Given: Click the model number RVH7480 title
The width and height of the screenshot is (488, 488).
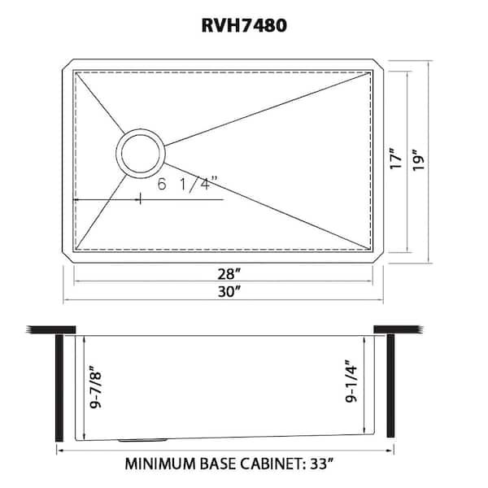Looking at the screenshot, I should pos(244,25).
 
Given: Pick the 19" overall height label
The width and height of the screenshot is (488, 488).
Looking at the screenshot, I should pos(418,158).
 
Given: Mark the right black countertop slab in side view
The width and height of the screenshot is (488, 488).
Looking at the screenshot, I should pos(398,330).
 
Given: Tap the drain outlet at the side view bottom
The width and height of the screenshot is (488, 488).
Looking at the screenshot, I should pos(134,440).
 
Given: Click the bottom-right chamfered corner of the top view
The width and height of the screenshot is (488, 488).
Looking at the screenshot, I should pos(377,258).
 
